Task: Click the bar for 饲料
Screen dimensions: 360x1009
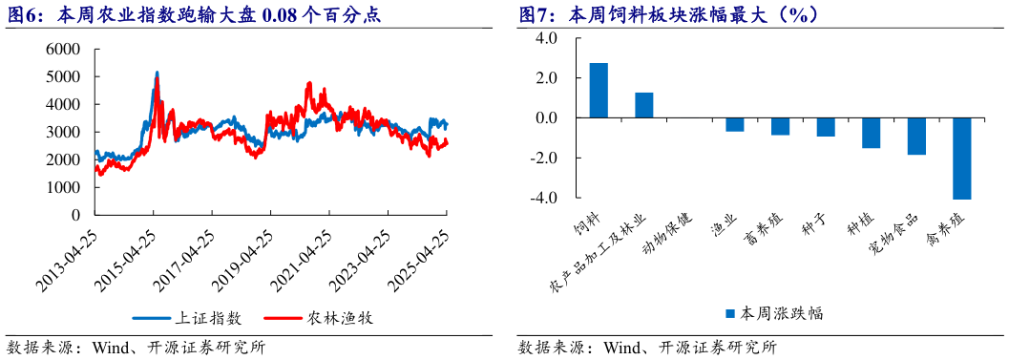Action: (x=599, y=91)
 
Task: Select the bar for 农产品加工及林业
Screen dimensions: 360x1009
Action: (x=644, y=105)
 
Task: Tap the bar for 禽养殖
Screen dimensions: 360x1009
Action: (x=961, y=159)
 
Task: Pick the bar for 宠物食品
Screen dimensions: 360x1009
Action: (x=916, y=137)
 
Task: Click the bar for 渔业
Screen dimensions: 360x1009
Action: (x=735, y=125)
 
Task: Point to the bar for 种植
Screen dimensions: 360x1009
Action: (x=871, y=133)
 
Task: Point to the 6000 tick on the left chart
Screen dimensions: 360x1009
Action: (x=64, y=49)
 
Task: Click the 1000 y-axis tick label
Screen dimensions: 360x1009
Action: (x=64, y=188)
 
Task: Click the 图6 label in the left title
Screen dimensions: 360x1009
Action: (x=22, y=14)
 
